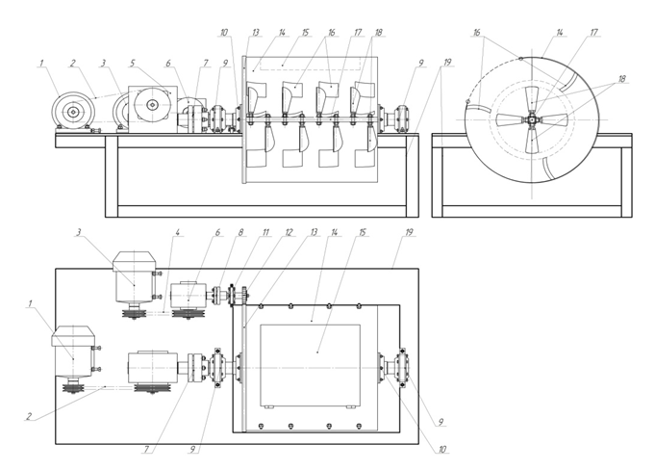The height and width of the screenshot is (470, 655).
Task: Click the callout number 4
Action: pos(178,232)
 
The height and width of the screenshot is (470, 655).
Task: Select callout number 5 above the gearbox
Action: pos(133,64)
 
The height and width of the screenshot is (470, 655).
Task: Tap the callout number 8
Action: pos(240,232)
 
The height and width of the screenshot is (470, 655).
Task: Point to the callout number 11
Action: pos(265,232)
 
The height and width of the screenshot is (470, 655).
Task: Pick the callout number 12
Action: pos(289,232)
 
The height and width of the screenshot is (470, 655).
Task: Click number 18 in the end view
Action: pos(621,79)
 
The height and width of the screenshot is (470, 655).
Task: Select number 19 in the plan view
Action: pos(409,232)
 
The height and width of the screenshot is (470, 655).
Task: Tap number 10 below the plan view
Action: pos(442,450)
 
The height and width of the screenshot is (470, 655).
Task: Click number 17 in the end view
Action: pos(594,32)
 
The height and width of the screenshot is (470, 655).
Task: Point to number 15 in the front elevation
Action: pos(305,32)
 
